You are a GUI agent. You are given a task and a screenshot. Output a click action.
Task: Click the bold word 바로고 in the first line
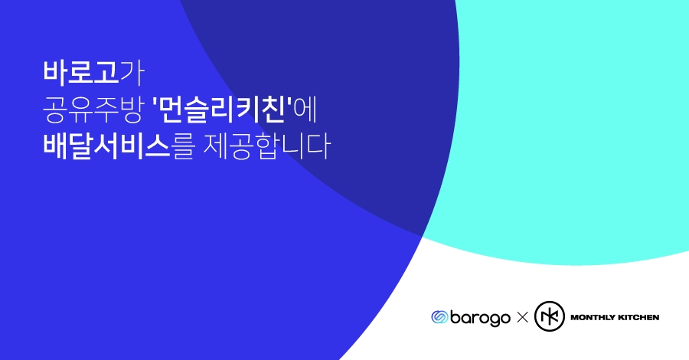tap(80, 73)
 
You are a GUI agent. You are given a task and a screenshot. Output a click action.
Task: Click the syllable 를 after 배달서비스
tap(184, 147)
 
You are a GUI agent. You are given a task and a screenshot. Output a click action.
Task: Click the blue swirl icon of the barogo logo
tap(439, 317)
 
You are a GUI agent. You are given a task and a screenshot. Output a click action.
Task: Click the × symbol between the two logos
tap(523, 317)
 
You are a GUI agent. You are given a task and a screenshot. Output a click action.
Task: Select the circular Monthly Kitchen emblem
tap(548, 316)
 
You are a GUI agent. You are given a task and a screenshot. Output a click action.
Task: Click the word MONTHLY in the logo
tap(591, 317)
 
